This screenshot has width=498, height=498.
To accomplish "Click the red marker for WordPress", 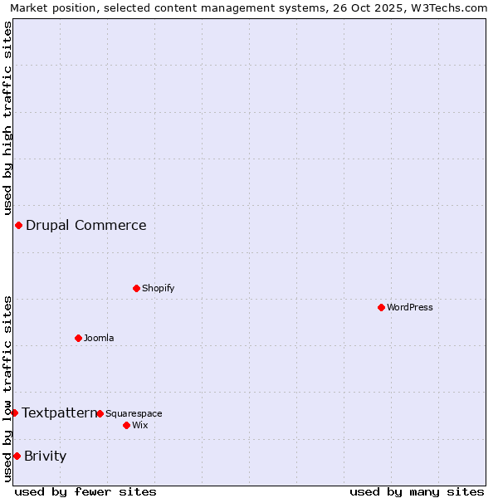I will (381, 307).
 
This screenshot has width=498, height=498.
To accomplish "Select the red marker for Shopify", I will (136, 288).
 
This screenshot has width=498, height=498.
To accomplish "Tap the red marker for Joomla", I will (78, 338).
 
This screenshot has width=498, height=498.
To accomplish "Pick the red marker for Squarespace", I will (100, 413).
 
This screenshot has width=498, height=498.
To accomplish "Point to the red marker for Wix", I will (126, 425).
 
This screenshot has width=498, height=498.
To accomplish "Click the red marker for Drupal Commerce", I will (18, 225).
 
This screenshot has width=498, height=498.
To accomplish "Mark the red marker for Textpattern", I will (14, 413).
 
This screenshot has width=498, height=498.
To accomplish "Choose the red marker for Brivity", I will (17, 456).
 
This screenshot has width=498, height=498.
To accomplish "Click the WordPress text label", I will (410, 307).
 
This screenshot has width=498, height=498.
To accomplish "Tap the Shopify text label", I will (158, 288).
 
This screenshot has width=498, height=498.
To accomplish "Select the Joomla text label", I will (99, 338).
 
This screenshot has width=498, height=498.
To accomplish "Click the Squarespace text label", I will (134, 413).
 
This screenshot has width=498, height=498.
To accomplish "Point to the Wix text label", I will (139, 425).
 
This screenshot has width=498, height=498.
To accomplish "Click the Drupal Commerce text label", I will (85, 225).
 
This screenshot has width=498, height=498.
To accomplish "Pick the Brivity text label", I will (45, 456).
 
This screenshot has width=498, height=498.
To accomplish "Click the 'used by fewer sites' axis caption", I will (85, 491).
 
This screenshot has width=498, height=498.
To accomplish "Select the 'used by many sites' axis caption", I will (417, 491).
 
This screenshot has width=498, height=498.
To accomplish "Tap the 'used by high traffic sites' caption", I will (7, 117).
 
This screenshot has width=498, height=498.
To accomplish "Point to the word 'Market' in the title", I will (30, 8).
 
